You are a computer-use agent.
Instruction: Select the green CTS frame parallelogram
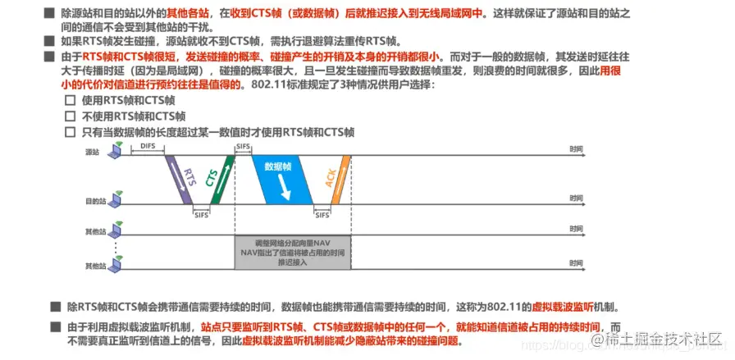221,175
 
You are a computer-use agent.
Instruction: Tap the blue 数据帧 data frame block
282,175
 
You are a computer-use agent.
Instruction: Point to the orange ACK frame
337,175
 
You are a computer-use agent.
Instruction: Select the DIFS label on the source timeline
147,145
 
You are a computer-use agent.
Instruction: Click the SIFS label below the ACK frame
323,214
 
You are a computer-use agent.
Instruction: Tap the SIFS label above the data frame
244,145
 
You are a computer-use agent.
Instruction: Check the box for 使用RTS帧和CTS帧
70,99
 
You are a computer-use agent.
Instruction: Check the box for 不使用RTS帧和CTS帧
70,116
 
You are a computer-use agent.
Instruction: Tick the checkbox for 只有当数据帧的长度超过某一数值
70,132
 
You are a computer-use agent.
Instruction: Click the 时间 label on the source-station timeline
576,149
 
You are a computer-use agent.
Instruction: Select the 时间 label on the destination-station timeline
576,197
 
